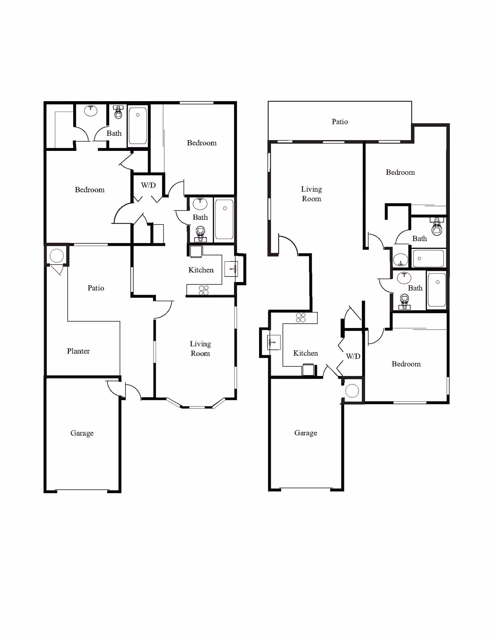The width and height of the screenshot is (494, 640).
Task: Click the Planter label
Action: click(78, 351)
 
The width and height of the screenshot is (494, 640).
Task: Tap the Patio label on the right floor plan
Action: click(340, 122)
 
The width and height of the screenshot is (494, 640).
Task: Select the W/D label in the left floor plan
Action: click(148, 185)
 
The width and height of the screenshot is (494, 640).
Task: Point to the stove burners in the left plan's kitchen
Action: click(204, 290)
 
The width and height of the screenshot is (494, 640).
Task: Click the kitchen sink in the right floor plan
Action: click(274, 343)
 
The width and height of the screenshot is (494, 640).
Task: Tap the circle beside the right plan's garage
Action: click(352, 391)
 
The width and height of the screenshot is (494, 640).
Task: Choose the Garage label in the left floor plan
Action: click(82, 433)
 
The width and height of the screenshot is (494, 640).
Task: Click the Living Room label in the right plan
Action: click(312, 194)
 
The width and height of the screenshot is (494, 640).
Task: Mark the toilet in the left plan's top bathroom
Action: click(118, 112)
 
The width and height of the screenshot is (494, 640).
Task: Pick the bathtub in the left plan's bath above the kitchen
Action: click(224, 220)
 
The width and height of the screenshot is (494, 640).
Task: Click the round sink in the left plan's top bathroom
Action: click(91, 110)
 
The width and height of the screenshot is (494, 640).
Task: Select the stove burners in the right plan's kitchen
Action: click(301, 318)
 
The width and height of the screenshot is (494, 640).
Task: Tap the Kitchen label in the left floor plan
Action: click(201, 270)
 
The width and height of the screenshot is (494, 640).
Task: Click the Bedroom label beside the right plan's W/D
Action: click(406, 364)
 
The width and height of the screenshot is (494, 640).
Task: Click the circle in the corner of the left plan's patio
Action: click(57, 256)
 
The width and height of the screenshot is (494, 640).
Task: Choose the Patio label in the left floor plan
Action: click(96, 288)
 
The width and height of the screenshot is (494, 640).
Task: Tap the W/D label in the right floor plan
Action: click(353, 356)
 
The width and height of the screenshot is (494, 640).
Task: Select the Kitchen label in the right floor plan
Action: click(306, 353)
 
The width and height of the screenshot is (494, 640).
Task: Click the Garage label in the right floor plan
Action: click(306, 433)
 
